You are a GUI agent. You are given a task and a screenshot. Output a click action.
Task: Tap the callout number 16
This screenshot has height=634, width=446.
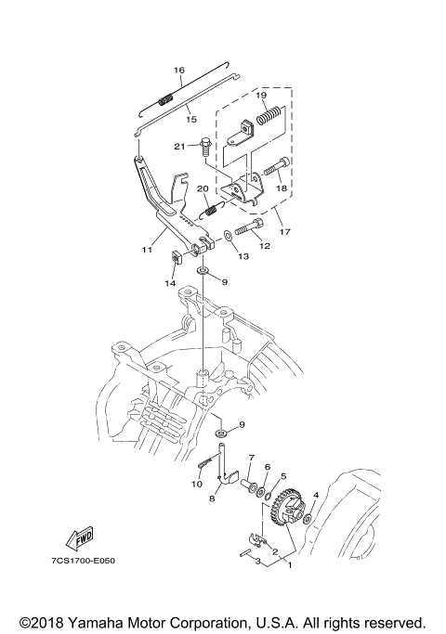[x=179, y=70]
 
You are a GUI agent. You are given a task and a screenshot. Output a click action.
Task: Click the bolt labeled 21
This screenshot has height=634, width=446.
[x=205, y=149]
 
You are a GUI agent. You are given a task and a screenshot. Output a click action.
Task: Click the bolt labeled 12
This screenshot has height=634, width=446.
[x=249, y=227]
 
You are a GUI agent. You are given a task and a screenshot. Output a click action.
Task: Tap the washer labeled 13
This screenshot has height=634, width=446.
[x=228, y=236]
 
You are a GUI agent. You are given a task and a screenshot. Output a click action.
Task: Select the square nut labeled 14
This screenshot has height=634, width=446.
[x=177, y=257]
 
